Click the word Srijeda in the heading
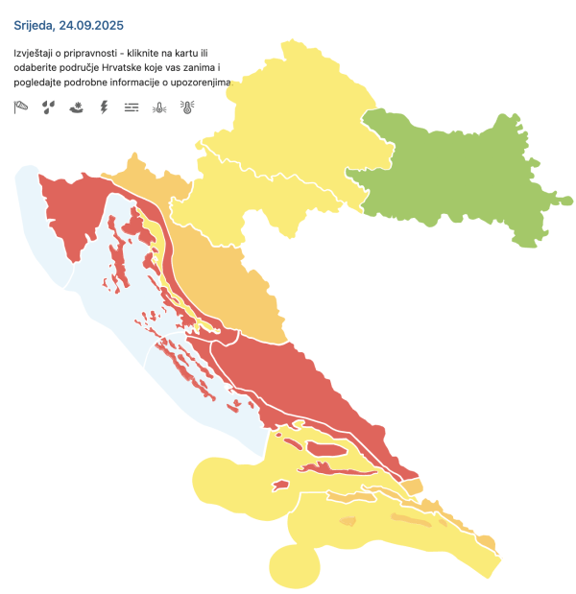click(37, 22)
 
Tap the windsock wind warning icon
click(21, 107)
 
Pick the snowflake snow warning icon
click(76, 107)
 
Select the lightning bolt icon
click(104, 107)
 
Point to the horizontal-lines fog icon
click(132, 107)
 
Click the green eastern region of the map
click(451, 182)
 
